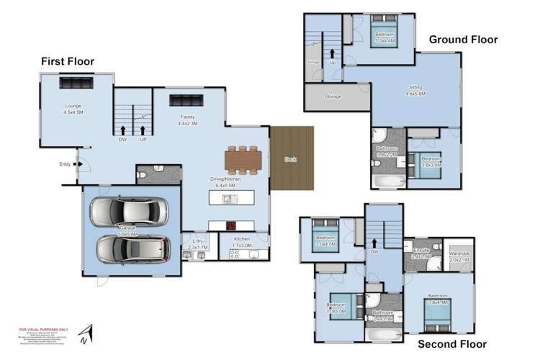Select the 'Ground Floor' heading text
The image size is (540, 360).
[463, 40]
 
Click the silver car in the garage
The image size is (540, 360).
[129, 212]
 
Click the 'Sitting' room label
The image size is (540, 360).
[415, 87]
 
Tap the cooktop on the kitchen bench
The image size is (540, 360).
[232, 223]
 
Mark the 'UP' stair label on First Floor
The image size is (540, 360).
[143, 139]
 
